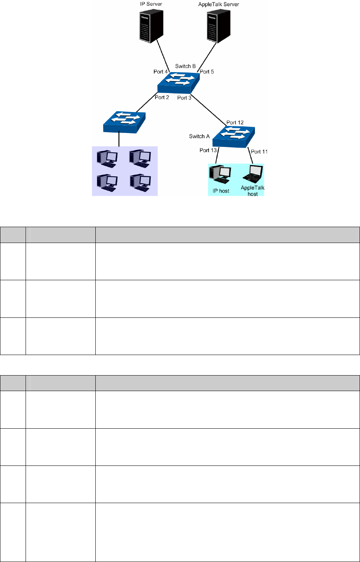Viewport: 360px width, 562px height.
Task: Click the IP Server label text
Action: (x=151, y=4)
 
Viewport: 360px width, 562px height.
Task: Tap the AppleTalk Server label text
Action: (x=219, y=4)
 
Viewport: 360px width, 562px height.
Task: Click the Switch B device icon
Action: (x=179, y=82)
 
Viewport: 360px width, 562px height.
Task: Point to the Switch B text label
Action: (x=185, y=66)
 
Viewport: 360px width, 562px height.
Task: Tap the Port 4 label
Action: (x=160, y=72)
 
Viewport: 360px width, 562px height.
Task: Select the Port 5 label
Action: (x=207, y=72)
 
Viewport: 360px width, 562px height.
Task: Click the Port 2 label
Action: (x=162, y=97)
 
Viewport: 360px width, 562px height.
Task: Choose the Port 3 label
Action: (x=184, y=98)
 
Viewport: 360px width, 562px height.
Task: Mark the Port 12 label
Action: (x=235, y=122)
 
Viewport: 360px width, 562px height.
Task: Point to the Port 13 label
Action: (x=208, y=150)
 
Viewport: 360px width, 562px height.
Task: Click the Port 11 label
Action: (x=259, y=152)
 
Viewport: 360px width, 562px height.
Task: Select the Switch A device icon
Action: (x=234, y=136)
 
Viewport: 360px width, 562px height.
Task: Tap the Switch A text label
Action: (x=199, y=136)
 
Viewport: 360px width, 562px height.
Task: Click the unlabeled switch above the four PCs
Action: (x=124, y=122)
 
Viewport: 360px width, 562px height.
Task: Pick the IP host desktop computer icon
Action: (x=220, y=174)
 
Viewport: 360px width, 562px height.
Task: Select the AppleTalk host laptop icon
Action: (x=253, y=174)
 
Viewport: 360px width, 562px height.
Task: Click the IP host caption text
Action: (x=221, y=191)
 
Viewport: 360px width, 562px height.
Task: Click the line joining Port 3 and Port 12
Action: (x=208, y=109)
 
